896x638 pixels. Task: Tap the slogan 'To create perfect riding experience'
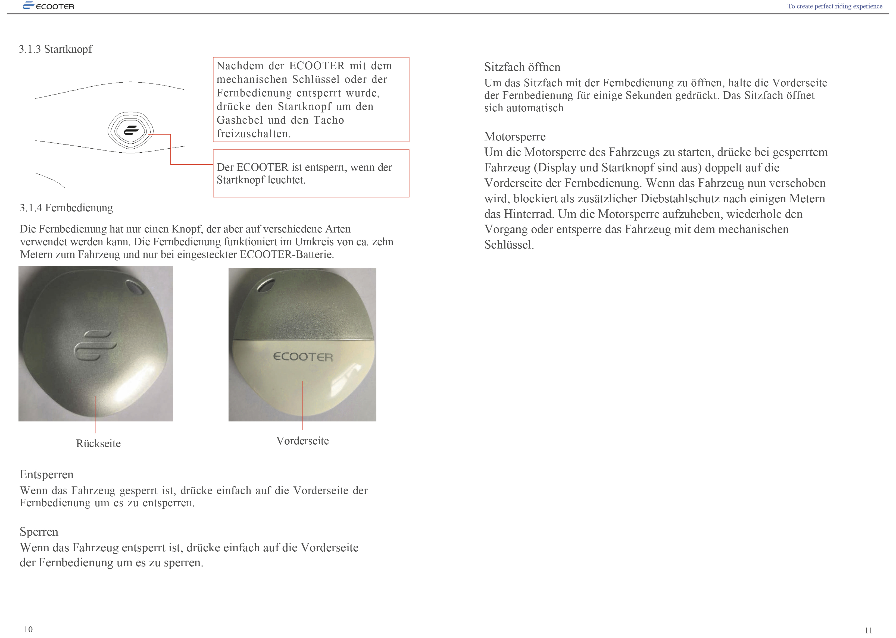click(x=834, y=6)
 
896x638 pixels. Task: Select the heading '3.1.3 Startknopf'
click(x=55, y=49)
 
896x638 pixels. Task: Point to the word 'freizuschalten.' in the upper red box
click(x=254, y=134)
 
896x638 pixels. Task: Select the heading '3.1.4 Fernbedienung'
click(x=66, y=208)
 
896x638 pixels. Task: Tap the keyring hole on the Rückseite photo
click(x=135, y=288)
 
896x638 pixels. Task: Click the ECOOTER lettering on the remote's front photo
click(x=302, y=357)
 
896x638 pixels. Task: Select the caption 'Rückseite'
click(x=98, y=444)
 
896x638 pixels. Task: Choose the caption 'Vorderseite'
click(x=302, y=441)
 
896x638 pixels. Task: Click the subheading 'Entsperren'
click(x=46, y=474)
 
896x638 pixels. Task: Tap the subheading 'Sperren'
click(x=39, y=532)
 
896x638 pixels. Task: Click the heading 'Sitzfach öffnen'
click(x=522, y=67)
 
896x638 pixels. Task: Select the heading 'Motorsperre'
click(x=514, y=137)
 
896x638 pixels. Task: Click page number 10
click(x=28, y=629)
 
